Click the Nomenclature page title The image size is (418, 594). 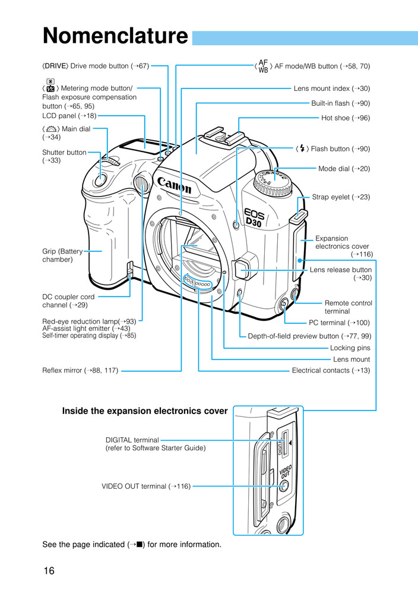tap(115, 37)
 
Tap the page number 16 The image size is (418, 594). tap(49, 571)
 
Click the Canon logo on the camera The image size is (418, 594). tap(174, 185)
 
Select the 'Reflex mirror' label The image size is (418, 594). tap(80, 371)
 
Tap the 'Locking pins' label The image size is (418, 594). tap(350, 348)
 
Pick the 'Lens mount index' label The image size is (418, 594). tap(331, 89)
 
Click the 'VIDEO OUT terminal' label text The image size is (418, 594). tap(146, 486)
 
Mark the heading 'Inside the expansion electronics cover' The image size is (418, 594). tap(145, 410)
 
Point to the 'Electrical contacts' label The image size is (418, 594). tap(331, 371)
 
